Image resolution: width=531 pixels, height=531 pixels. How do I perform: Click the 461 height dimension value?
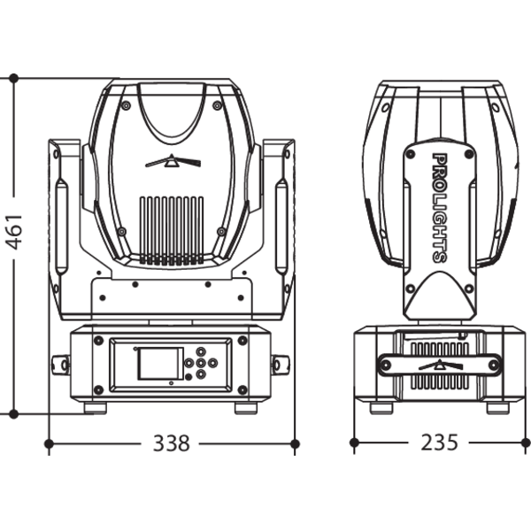tap(14, 232)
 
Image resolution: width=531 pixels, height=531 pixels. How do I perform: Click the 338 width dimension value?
tap(171, 443)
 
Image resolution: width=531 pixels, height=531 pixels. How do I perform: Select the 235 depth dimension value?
tap(439, 442)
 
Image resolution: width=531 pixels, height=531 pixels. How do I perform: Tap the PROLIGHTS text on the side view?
tap(440, 208)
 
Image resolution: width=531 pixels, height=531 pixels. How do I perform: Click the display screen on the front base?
tap(160, 364)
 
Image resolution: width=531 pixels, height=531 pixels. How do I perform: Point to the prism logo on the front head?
tap(173, 161)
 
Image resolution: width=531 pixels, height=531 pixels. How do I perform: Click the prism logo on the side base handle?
tap(441, 365)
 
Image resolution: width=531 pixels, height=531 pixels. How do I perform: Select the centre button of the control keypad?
tap(201, 364)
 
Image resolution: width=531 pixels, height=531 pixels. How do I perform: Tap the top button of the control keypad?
tap(201, 351)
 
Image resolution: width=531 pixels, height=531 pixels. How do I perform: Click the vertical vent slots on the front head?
tap(172, 231)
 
